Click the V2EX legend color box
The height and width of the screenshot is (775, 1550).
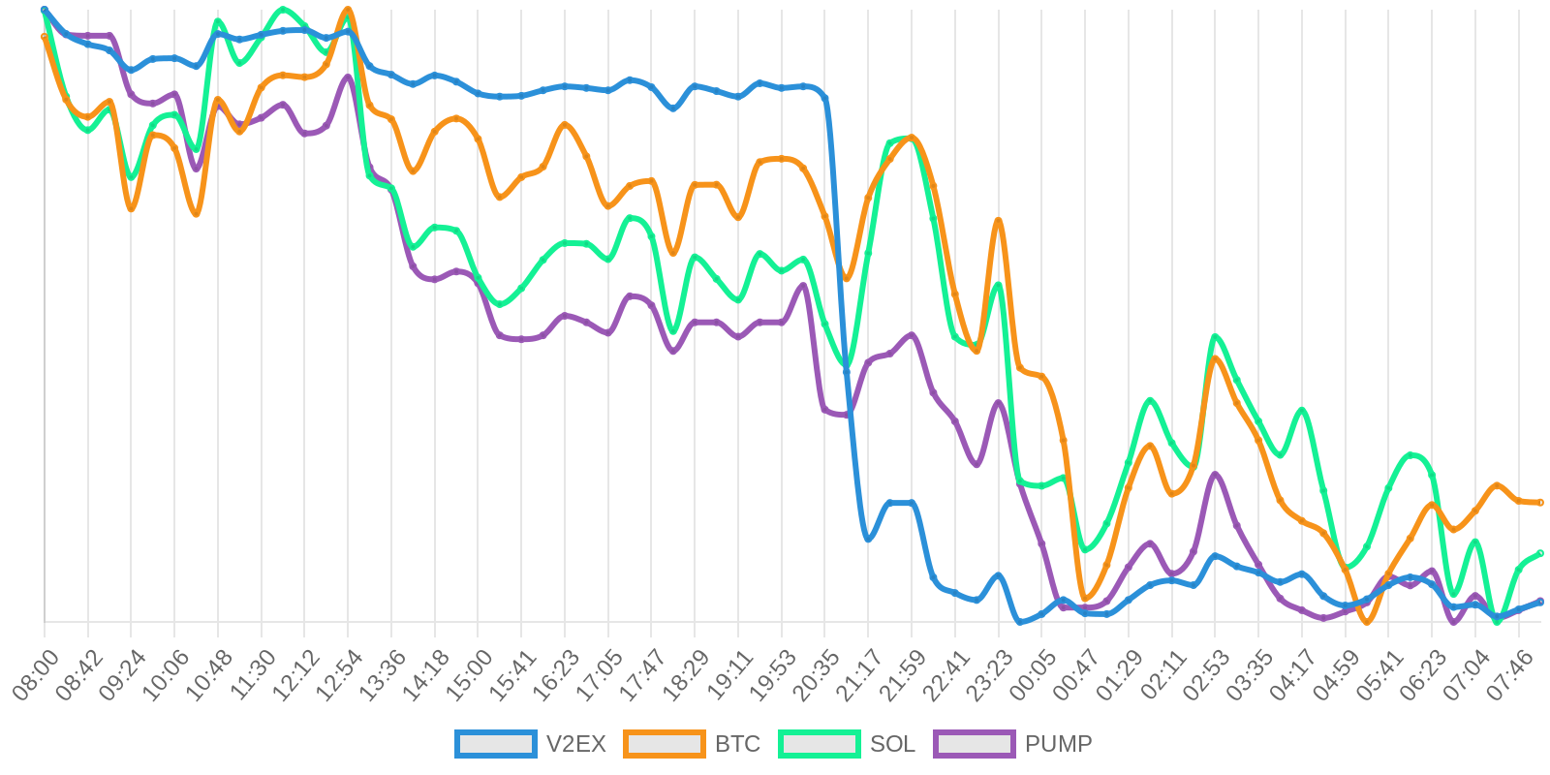coord(495,744)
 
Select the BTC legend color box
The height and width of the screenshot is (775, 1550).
coord(664,744)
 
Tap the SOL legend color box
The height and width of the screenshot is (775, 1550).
coord(819,744)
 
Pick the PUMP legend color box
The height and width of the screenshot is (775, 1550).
coord(974,744)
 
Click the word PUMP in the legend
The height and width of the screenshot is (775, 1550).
coord(1058,744)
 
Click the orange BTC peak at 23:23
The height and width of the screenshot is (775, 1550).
coord(999,221)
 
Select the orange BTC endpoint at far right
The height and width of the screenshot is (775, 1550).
coord(1540,503)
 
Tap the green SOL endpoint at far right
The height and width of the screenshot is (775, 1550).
coord(1540,553)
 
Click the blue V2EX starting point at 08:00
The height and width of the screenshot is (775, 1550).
coord(45,11)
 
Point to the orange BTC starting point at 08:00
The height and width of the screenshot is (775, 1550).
coord(45,37)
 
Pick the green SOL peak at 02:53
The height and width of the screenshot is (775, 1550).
coord(1215,337)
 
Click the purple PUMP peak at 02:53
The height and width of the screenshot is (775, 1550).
coord(1215,474)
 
